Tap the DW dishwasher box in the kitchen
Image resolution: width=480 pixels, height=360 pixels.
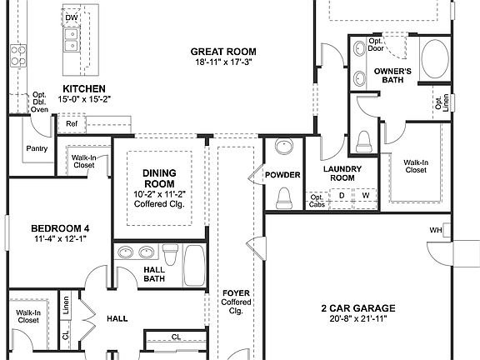(x=72, y=17)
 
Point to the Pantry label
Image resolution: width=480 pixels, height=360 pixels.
(x=37, y=149)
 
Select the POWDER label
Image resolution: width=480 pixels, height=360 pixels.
(x=282, y=175)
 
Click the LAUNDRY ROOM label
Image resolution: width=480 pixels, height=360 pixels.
(x=340, y=173)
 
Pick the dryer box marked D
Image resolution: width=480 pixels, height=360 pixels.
(x=341, y=196)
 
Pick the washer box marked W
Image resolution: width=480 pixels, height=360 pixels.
(x=364, y=196)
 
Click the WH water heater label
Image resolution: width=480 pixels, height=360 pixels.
(x=435, y=230)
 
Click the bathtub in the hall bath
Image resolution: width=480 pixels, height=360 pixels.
(x=194, y=264)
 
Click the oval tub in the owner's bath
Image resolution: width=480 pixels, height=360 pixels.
(x=435, y=60)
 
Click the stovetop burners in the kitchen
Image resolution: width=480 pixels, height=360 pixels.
(x=17, y=55)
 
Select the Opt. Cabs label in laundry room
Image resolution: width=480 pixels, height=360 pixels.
(x=317, y=197)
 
